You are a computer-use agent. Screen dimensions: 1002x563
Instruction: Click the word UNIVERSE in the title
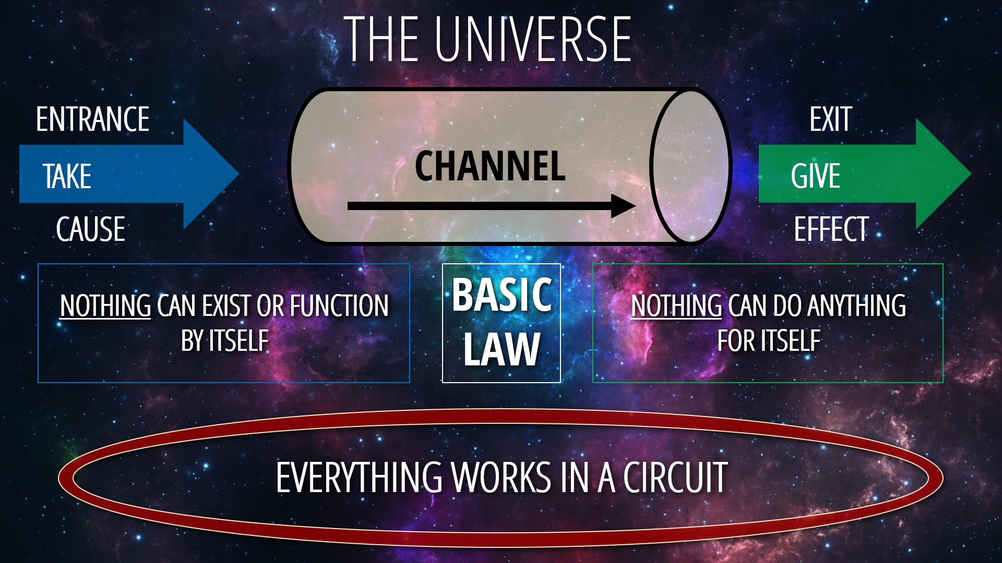point(533,39)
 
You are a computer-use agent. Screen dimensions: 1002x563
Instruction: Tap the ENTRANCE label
point(93,119)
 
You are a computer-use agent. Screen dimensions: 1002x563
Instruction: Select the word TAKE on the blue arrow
point(67,176)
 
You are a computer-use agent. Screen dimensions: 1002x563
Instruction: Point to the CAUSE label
point(91,229)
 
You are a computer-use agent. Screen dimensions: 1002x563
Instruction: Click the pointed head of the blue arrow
point(238,174)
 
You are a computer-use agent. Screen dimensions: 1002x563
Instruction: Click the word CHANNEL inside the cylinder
point(490,166)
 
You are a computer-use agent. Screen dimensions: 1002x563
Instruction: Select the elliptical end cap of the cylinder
point(690,166)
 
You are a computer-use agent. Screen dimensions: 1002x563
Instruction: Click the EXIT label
point(831,119)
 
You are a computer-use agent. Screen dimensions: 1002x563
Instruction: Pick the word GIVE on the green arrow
point(816,176)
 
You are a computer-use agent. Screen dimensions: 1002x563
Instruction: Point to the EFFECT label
point(831,229)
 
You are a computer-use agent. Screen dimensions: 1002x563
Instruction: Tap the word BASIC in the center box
point(502,295)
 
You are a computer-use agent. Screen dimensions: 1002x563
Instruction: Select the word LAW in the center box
point(502,349)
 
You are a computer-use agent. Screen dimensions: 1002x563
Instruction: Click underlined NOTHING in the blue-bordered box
point(105,305)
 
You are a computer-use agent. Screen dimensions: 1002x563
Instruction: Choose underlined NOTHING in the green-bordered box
point(676,305)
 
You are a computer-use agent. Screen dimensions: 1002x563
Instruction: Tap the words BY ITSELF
point(225,341)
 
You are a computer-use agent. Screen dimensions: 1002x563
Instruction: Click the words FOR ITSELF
point(769,341)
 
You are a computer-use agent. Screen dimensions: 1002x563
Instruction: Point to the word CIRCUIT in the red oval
point(675,477)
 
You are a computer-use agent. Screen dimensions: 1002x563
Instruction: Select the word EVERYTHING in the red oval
point(360,477)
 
